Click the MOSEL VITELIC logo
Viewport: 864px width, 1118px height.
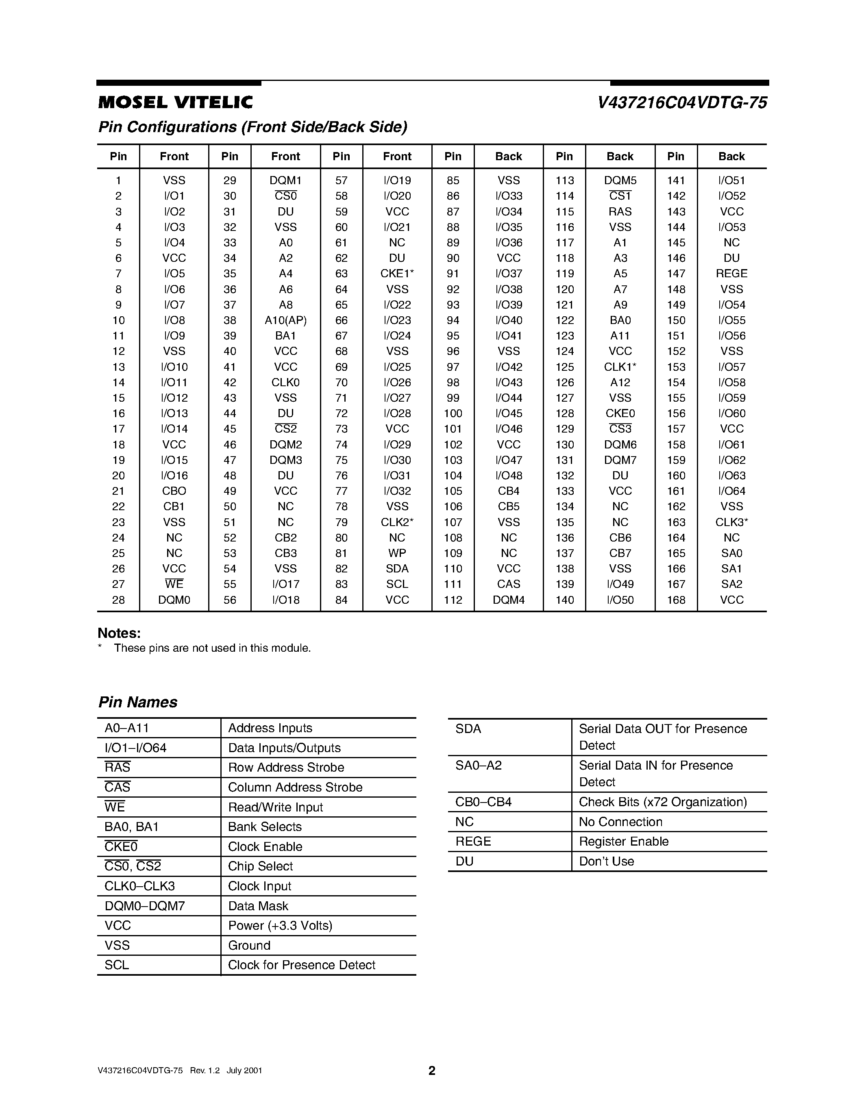(x=176, y=103)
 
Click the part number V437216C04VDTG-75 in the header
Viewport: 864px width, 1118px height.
(x=682, y=103)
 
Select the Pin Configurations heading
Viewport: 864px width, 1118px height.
(x=252, y=127)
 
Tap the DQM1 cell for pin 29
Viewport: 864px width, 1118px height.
(x=285, y=180)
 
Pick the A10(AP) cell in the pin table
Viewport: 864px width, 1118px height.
(x=285, y=320)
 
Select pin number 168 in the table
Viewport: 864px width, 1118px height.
(x=676, y=600)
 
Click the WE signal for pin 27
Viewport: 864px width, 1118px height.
(x=174, y=584)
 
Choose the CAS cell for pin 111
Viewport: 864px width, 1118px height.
(x=508, y=584)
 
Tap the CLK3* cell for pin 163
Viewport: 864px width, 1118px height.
(x=731, y=522)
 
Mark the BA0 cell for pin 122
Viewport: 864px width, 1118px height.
(x=620, y=320)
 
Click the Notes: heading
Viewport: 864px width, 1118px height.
(x=119, y=633)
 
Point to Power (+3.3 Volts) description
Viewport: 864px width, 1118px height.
(x=280, y=926)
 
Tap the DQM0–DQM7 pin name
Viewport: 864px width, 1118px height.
(x=145, y=906)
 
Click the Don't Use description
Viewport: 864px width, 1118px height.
(x=607, y=861)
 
